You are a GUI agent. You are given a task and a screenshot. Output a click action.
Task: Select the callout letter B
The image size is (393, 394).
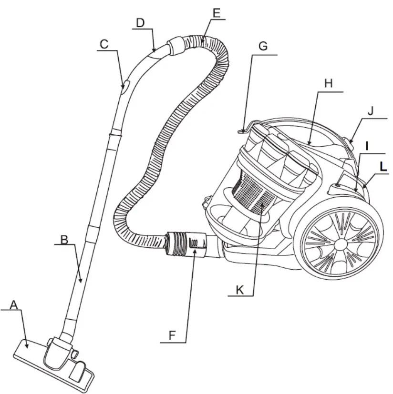(64, 239)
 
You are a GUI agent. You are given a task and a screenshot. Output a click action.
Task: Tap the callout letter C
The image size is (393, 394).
(104, 44)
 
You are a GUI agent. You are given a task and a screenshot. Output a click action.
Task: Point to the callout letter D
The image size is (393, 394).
(140, 22)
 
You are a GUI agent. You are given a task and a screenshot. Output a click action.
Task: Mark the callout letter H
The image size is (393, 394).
(328, 83)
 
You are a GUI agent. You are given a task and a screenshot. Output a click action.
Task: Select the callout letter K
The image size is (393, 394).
(240, 290)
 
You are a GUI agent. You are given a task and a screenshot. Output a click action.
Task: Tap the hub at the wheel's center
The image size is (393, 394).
(341, 243)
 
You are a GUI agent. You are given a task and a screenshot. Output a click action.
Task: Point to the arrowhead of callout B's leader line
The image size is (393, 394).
(82, 283)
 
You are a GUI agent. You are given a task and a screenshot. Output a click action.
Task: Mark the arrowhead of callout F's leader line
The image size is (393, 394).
(194, 253)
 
